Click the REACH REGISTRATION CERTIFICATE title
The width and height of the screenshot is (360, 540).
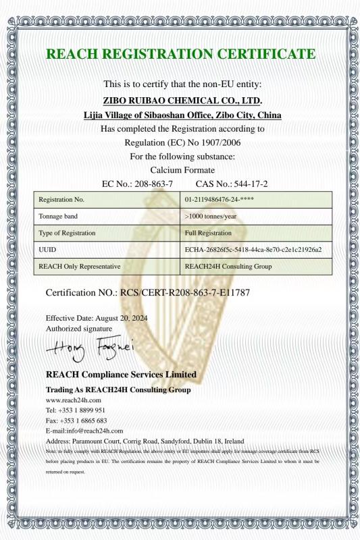click(180, 54)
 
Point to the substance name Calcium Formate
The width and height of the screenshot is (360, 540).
click(180, 169)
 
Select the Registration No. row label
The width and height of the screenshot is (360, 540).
click(61, 200)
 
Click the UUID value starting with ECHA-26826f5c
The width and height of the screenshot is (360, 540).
click(253, 250)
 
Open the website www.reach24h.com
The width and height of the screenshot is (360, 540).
click(73, 400)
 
